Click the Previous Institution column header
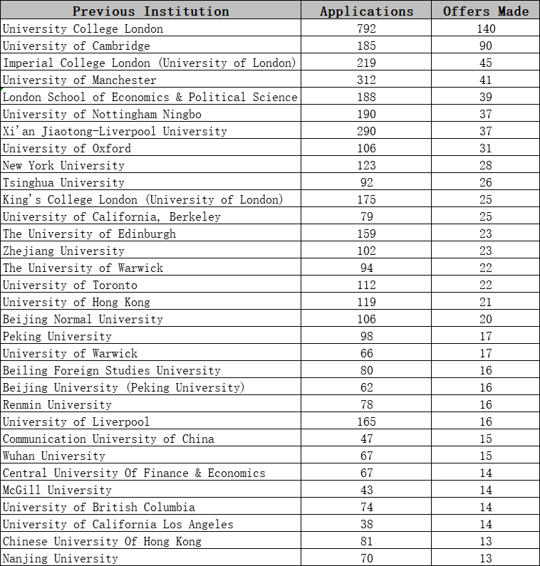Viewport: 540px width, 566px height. click(151, 11)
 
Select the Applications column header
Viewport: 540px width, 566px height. click(366, 11)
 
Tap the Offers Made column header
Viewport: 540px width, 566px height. click(486, 11)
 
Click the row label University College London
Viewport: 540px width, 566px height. click(83, 28)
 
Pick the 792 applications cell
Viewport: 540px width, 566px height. click(366, 28)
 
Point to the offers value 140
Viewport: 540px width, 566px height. click(486, 28)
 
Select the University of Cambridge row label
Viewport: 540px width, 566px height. click(76, 46)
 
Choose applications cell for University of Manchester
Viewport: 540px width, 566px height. click(366, 80)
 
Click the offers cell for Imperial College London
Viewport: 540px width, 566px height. click(486, 63)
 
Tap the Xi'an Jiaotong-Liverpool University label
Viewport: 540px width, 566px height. click(115, 131)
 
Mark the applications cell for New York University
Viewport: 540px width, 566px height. click(366, 165)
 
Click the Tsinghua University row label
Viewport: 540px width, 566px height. click(63, 182)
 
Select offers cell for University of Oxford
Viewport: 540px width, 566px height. click(486, 148)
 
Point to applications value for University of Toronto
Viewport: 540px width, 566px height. click(366, 285)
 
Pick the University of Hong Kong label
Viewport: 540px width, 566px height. click(76, 302)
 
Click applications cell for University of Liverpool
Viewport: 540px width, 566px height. click(366, 421)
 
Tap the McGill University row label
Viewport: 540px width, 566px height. click(57, 490)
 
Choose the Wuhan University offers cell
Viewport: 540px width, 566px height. click(486, 456)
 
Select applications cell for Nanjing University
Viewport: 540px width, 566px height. click(366, 558)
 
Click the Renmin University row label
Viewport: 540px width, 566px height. click(57, 404)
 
